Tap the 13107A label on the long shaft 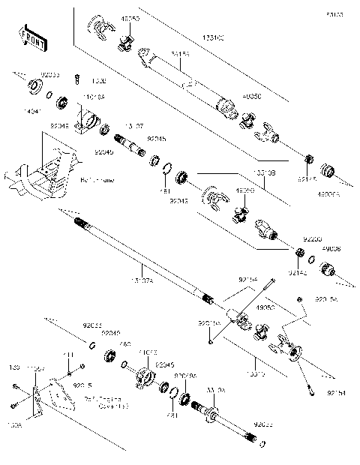[x=142, y=280]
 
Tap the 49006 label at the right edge [x=331, y=249]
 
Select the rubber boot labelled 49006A [x=328, y=169]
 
